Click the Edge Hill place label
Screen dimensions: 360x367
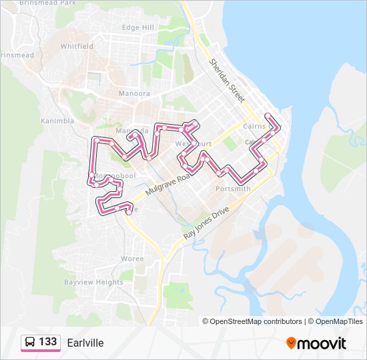pos(138,27)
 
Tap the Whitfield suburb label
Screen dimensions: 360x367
pos(77,47)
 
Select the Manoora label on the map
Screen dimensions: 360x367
pos(134,93)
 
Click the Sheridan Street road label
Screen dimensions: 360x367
pos(226,79)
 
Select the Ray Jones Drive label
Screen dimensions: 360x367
pos(206,223)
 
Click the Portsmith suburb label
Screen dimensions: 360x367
pos(234,189)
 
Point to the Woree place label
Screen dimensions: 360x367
pos(133,259)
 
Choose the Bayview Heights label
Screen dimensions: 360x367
pos(93,282)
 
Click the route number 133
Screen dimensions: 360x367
pos(48,342)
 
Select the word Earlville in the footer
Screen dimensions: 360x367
pos(85,343)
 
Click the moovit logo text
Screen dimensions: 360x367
pos(322,343)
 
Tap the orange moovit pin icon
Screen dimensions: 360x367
pos(291,343)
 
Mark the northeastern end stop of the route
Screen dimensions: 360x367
pos(268,116)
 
